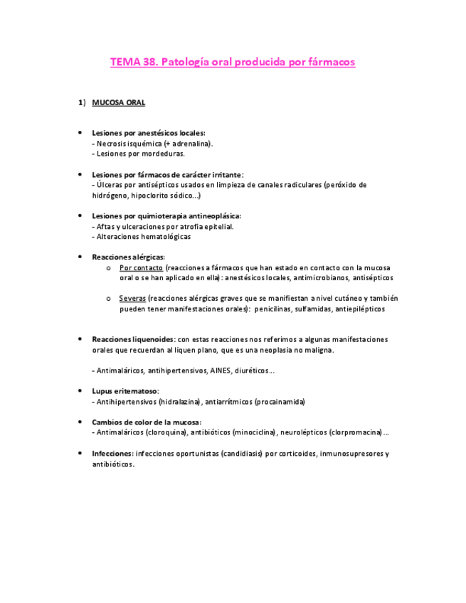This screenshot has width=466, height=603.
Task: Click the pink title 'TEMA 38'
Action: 134,63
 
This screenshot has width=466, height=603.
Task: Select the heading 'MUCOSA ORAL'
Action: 118,103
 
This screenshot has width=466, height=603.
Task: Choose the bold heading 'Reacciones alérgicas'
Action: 128,257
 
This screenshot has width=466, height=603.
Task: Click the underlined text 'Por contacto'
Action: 141,268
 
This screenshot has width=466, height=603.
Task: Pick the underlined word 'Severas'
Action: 132,299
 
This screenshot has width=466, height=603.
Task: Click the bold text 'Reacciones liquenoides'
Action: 133,340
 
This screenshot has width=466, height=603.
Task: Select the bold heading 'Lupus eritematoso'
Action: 125,392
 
